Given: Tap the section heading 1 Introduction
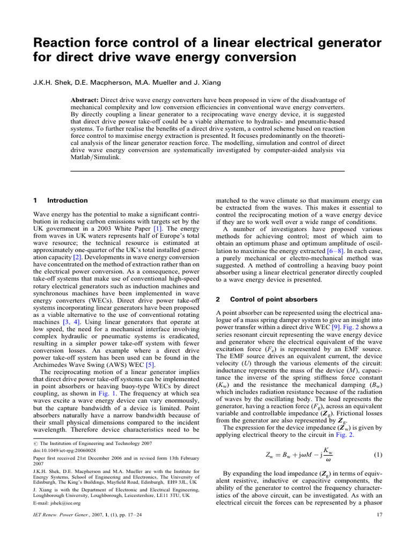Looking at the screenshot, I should [x=61, y=201].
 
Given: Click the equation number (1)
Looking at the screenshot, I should [x=377, y=455].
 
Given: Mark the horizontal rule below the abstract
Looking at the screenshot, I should [x=207, y=171].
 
